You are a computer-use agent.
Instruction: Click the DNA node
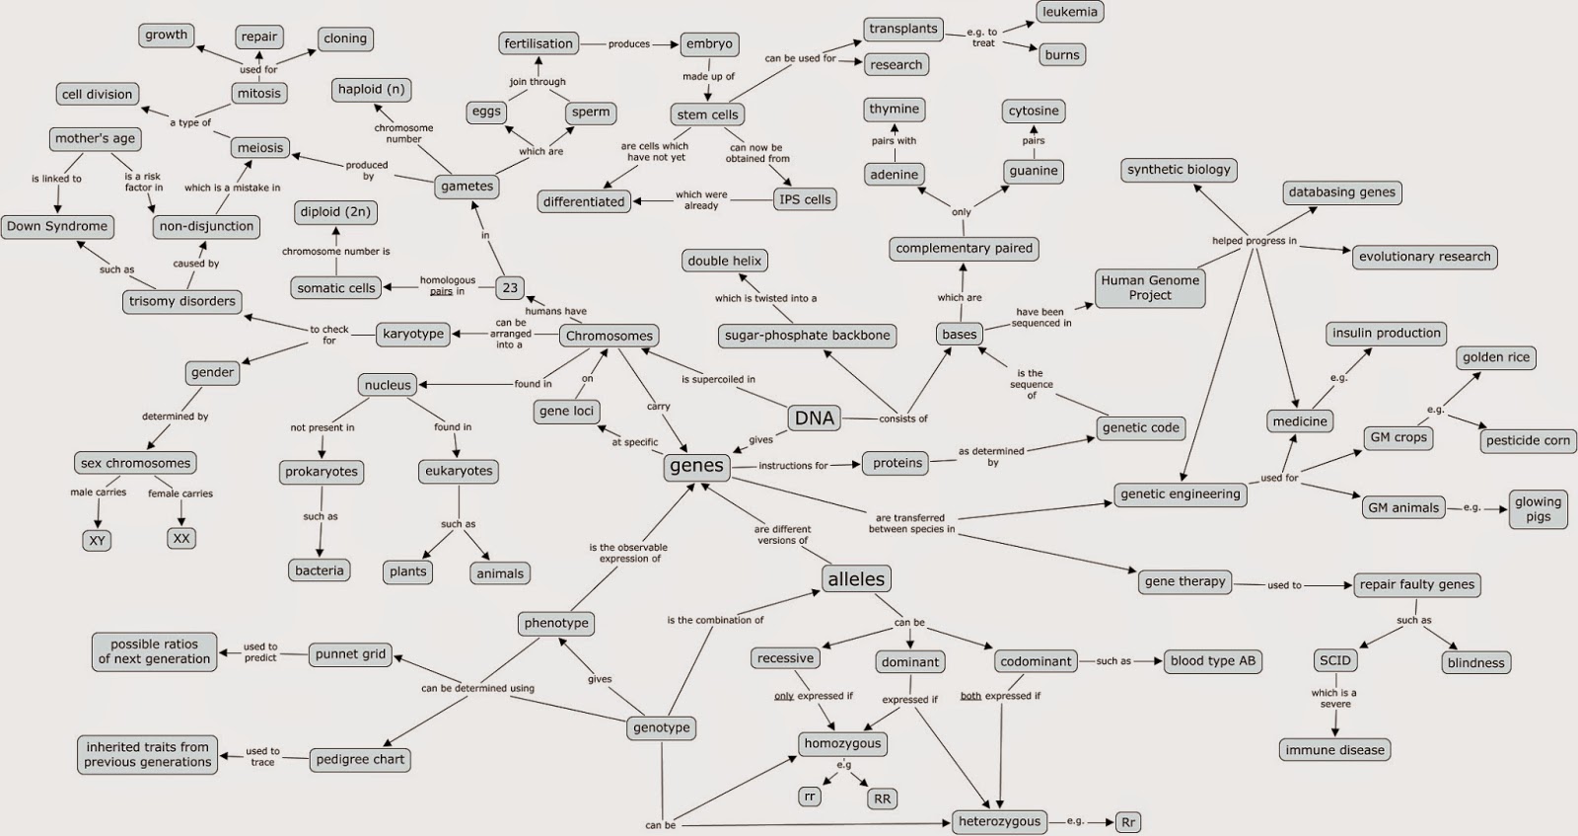point(815,418)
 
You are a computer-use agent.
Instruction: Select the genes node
point(696,466)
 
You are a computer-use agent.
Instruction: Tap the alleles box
point(856,579)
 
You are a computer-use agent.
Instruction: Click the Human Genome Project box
point(1150,287)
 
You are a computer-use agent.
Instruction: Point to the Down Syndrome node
point(57,226)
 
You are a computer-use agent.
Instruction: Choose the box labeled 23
point(510,288)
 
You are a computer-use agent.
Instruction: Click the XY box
point(97,540)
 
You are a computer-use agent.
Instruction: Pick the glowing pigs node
point(1538,509)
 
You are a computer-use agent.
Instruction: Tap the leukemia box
point(1069,12)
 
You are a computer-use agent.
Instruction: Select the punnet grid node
point(350,654)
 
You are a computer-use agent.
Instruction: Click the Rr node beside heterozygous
point(1128,821)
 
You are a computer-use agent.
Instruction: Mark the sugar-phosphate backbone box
point(807,336)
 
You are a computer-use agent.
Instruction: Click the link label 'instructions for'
point(793,466)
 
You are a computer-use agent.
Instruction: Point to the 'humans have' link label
point(555,311)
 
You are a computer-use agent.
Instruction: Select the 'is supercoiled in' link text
point(718,379)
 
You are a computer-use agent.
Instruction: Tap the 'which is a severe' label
point(1334,698)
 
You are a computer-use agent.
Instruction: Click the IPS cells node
point(805,199)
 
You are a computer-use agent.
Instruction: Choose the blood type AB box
point(1212,661)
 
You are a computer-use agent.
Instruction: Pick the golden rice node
point(1496,357)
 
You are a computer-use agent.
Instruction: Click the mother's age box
point(95,138)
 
